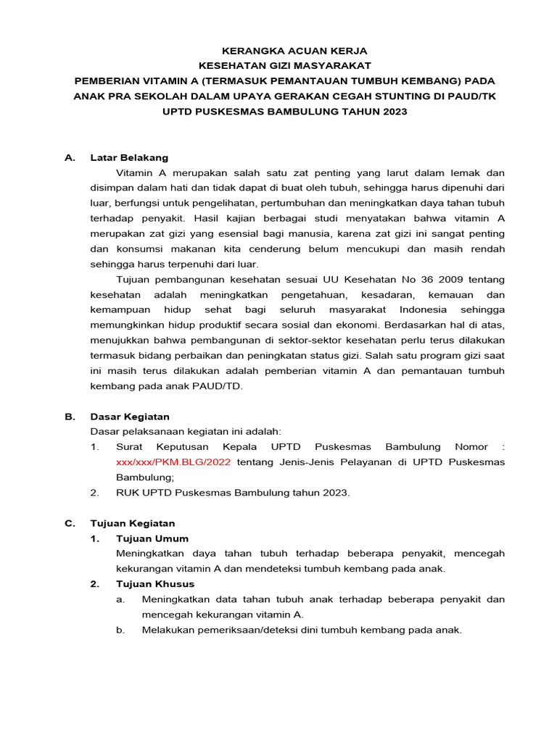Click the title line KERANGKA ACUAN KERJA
pyautogui.click(x=284, y=51)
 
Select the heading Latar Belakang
pyautogui.click(x=129, y=157)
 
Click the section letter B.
pyautogui.click(x=70, y=417)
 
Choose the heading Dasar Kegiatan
pyautogui.click(x=130, y=417)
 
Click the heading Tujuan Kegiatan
pyautogui.click(x=132, y=523)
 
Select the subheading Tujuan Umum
pyautogui.click(x=152, y=538)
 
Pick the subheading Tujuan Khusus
pyautogui.click(x=155, y=584)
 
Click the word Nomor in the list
pyautogui.click(x=471, y=447)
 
